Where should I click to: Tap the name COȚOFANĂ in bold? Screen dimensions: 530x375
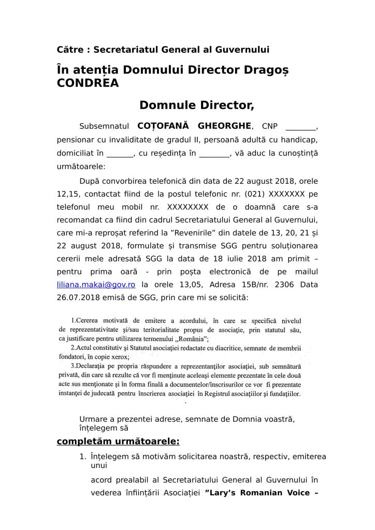pos(162,126)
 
